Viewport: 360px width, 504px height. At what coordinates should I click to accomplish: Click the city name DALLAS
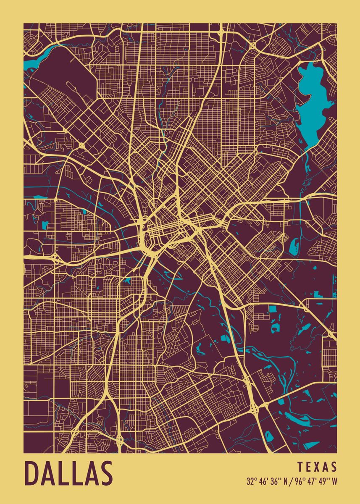[x=69, y=473]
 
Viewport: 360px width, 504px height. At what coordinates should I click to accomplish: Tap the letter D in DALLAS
[x=32, y=473]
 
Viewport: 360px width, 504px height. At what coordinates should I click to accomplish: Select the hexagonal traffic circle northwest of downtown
[x=81, y=145]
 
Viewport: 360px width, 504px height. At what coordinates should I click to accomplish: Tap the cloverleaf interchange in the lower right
[x=255, y=408]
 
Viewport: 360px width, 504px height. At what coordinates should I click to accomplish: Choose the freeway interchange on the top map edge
[x=221, y=31]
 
